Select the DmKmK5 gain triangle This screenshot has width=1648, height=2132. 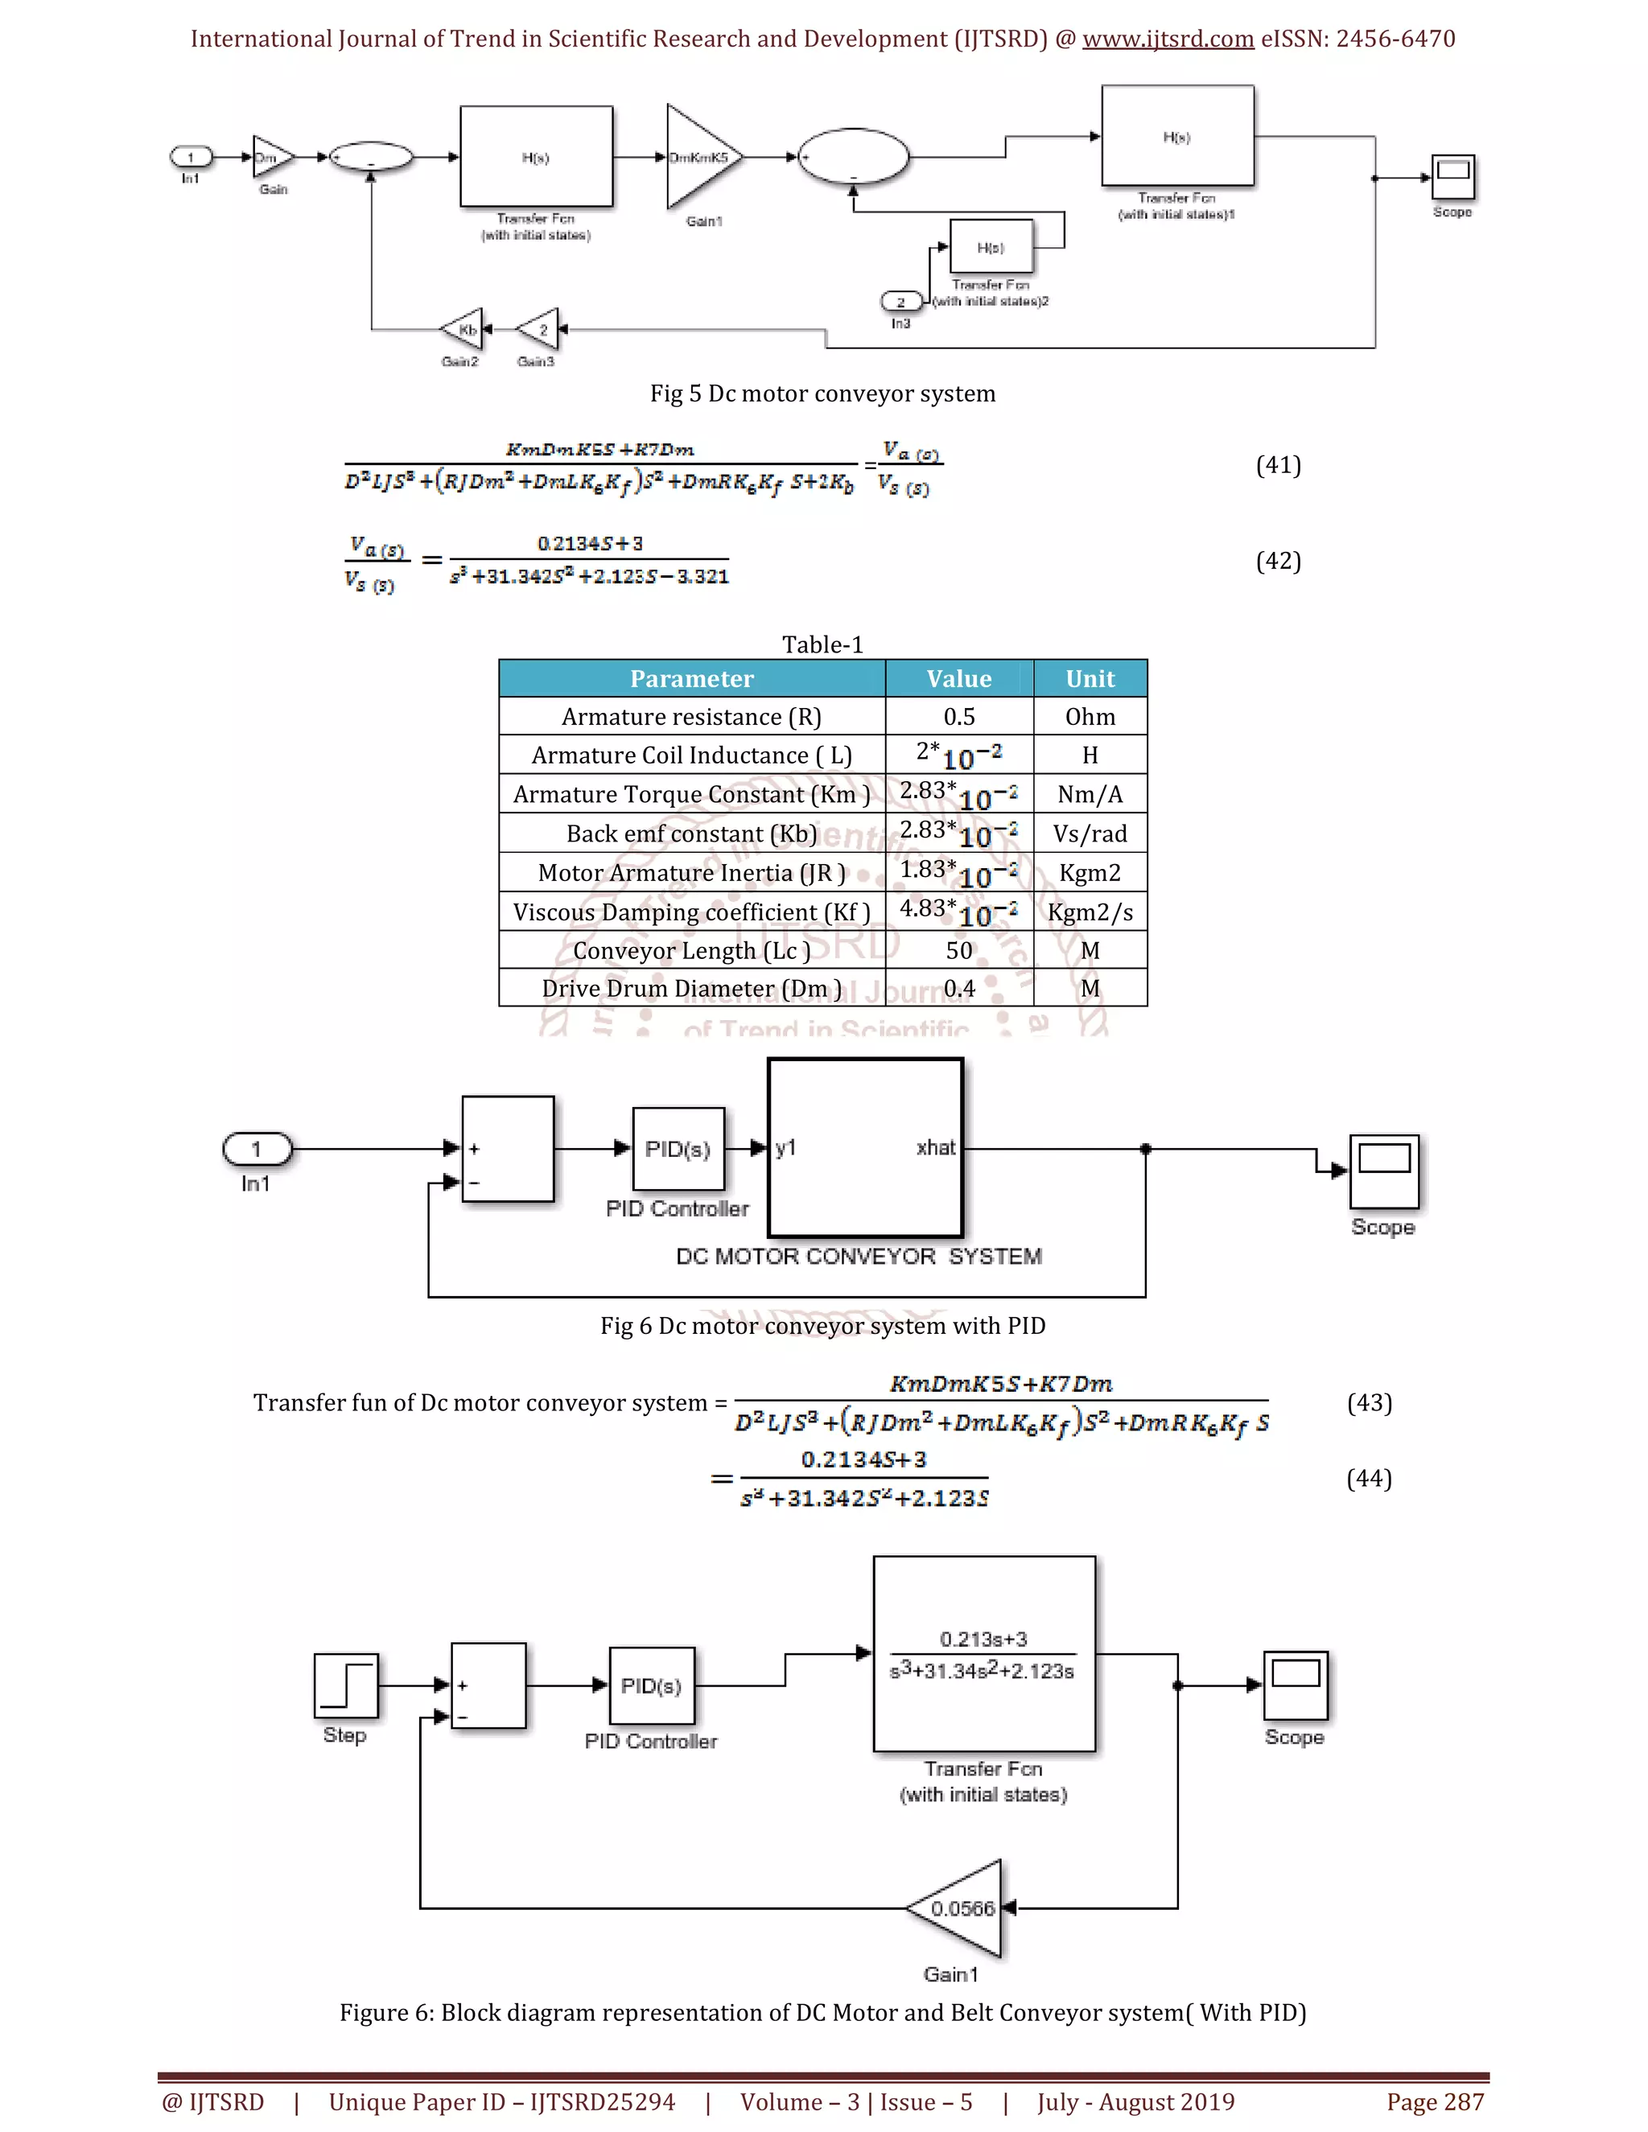[x=697, y=157]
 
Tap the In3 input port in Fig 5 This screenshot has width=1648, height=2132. [x=900, y=302]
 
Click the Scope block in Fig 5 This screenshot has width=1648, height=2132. [x=1452, y=178]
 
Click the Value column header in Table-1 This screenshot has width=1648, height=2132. [x=958, y=678]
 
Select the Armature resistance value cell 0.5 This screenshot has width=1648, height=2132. [x=958, y=717]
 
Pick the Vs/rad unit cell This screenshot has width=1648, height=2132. [x=1089, y=833]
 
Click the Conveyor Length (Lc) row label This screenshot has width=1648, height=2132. [x=691, y=950]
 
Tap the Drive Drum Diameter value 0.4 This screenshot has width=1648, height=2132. [x=958, y=988]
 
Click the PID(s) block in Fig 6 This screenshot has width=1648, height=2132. [x=678, y=1148]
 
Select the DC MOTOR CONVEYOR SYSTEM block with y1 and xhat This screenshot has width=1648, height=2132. [x=865, y=1148]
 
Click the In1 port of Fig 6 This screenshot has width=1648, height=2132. [x=257, y=1149]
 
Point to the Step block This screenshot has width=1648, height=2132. [x=345, y=1685]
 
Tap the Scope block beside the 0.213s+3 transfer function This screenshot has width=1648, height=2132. [x=1295, y=1685]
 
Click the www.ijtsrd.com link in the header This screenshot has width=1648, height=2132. [x=1167, y=39]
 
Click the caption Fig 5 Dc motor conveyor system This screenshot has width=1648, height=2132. [x=822, y=393]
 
